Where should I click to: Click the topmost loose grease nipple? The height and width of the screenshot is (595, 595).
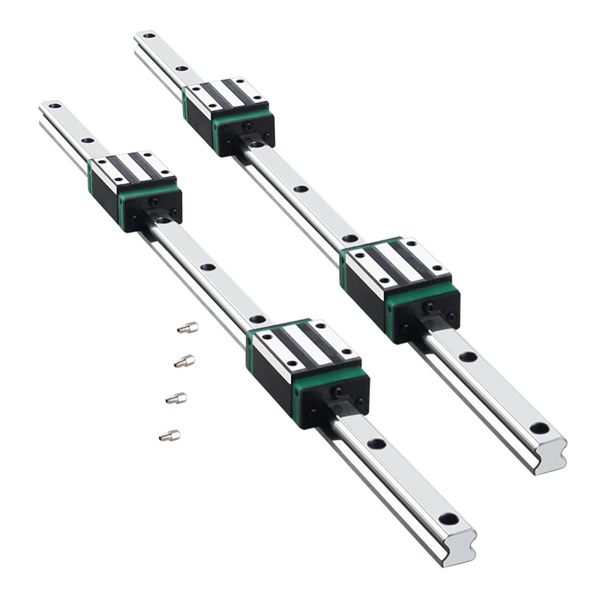pyautogui.click(x=187, y=328)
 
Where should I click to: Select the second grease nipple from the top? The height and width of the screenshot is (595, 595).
pyautogui.click(x=184, y=361)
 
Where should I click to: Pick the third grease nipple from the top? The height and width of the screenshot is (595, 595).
pyautogui.click(x=176, y=397)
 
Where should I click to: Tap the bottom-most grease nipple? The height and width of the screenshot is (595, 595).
pyautogui.click(x=169, y=435)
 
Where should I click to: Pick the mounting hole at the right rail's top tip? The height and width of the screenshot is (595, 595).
pyautogui.click(x=149, y=36)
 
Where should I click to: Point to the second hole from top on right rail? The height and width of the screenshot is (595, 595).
pyautogui.click(x=182, y=69)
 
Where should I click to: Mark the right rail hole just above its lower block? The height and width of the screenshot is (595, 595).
pyautogui.click(x=349, y=238)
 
